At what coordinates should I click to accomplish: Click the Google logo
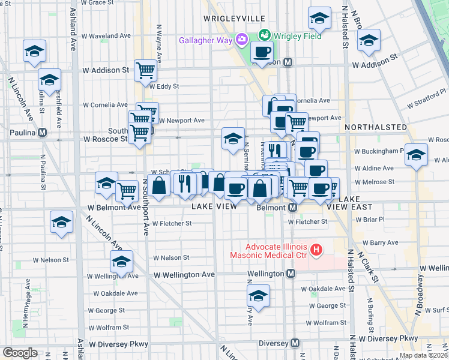click(19, 353)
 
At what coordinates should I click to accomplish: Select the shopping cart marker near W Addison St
click(146, 71)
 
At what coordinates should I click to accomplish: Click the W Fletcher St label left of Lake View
click(172, 223)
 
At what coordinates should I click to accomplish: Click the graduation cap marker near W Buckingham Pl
click(416, 155)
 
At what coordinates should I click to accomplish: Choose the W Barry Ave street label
click(376, 243)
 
